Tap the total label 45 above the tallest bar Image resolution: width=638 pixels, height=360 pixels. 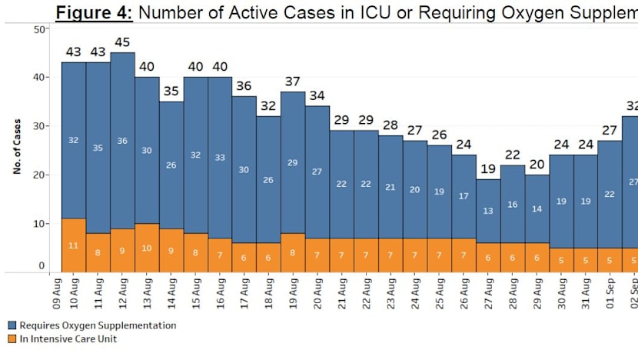[x=122, y=42]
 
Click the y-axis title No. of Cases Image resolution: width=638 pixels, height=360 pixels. [x=16, y=147]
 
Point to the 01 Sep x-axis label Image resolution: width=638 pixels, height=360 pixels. [x=609, y=293]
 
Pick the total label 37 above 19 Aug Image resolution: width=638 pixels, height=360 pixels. [x=293, y=81]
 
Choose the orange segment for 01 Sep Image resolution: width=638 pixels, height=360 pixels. [x=609, y=259]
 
